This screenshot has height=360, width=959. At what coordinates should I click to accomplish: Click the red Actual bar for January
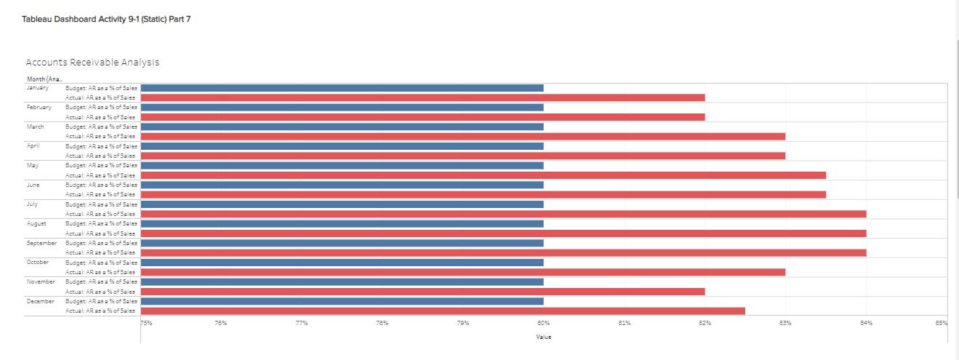422,97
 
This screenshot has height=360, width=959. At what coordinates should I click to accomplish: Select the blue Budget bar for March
342,127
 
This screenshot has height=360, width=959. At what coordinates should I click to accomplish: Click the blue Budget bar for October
342,262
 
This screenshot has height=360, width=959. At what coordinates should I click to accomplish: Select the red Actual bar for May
483,175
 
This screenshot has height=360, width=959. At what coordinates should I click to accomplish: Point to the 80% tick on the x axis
543,324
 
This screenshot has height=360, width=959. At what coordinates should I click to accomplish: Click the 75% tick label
146,324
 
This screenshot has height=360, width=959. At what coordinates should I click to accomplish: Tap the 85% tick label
942,324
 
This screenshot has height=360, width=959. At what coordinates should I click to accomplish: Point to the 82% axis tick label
705,324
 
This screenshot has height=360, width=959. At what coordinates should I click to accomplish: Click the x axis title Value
543,337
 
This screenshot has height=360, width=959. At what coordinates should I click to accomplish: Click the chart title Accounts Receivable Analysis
92,63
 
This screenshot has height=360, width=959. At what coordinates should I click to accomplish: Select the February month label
39,107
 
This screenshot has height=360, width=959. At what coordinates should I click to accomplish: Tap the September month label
41,242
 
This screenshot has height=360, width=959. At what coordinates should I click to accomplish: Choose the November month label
41,281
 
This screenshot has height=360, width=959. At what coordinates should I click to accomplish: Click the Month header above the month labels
44,79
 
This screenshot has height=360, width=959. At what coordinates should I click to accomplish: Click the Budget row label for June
101,185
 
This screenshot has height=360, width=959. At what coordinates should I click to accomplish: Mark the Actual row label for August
101,233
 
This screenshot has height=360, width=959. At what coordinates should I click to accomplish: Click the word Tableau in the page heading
38,19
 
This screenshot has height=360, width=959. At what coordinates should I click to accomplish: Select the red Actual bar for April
462,156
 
